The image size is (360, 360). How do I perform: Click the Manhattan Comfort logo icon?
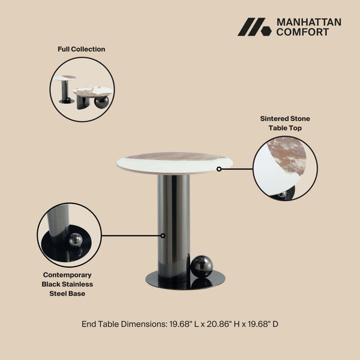coord(254,27)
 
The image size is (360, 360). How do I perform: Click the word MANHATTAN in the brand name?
coord(308,22)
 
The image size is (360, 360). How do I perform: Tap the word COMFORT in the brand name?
coord(302,32)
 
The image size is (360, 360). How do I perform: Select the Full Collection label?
coord(81,49)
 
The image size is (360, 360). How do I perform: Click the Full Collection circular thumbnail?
coord(82,90)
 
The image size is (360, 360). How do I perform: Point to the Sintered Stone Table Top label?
coord(285,123)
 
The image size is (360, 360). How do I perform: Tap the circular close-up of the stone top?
coord(285,169)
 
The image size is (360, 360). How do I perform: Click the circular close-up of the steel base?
coord(69,235)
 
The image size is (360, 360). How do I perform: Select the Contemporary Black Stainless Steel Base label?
coord(67,284)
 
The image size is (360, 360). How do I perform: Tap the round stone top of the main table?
coord(174,161)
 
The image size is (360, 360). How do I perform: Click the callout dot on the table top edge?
coord(219,169)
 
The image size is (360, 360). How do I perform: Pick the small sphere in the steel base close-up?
coord(75,239)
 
